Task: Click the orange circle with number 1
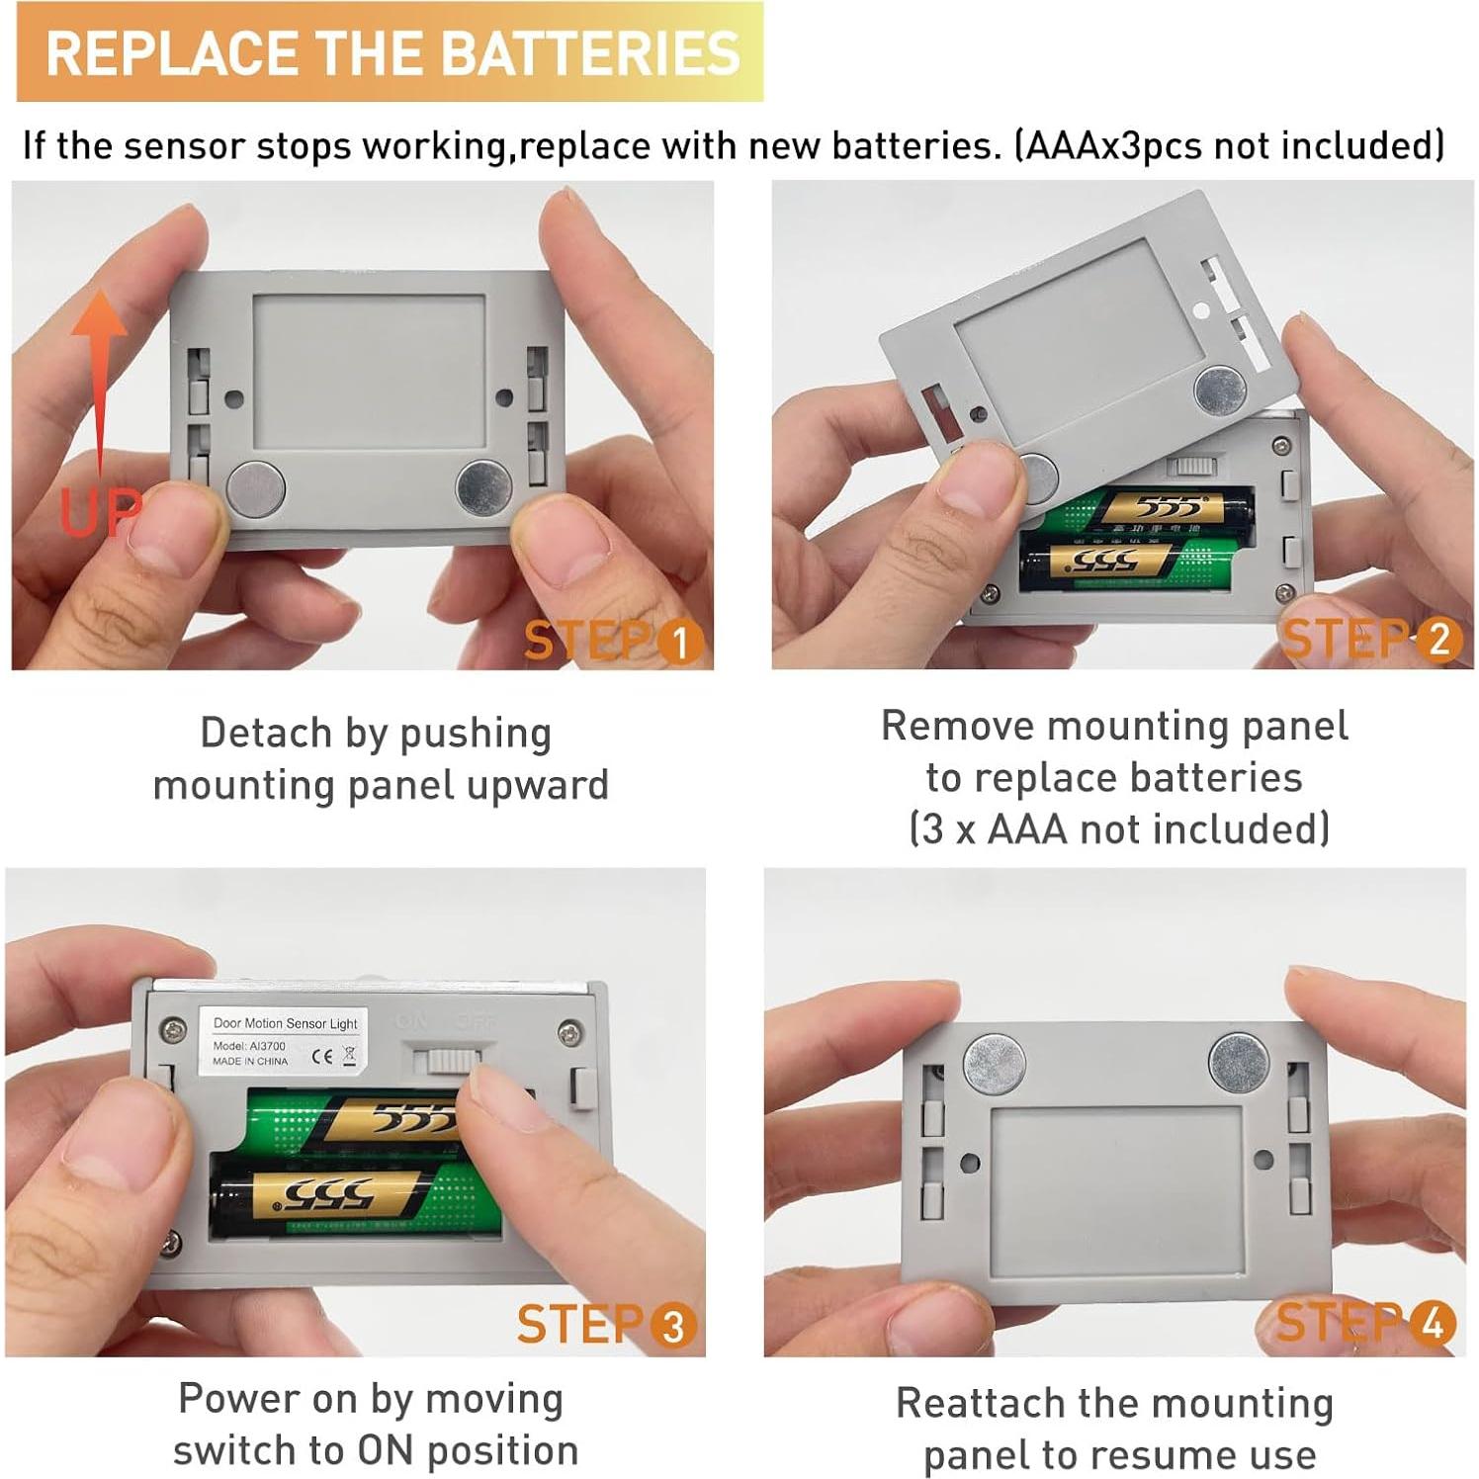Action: pyautogui.click(x=679, y=643)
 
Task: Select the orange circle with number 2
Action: pyautogui.click(x=1438, y=640)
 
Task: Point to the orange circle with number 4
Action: pyautogui.click(x=1433, y=1323)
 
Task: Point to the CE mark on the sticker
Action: pyautogui.click(x=322, y=1055)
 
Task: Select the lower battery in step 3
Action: pyautogui.click(x=356, y=1198)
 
